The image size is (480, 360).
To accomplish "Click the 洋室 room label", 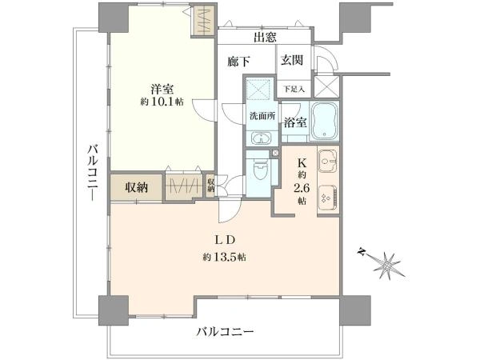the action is [162, 89].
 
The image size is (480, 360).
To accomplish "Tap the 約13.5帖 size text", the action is [224, 257].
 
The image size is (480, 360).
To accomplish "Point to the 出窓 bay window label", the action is [265, 37].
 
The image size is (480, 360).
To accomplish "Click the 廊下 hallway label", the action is [238, 62].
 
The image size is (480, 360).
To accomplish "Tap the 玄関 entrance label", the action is [292, 60].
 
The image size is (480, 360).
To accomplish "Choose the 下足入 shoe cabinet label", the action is [294, 89].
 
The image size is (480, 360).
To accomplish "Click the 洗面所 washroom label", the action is [262, 116].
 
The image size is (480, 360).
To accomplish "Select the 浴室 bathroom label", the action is [295, 122].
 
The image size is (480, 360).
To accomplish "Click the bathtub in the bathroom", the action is [325, 121].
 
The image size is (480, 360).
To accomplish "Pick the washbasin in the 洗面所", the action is [261, 138].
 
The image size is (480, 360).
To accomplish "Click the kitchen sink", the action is [328, 160].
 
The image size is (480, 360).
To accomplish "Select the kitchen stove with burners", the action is [328, 198].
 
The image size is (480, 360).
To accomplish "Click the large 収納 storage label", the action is [137, 187].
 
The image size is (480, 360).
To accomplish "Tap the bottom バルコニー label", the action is [225, 332].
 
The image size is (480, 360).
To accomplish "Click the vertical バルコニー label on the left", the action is [93, 173].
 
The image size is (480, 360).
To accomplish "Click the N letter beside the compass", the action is [362, 252].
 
